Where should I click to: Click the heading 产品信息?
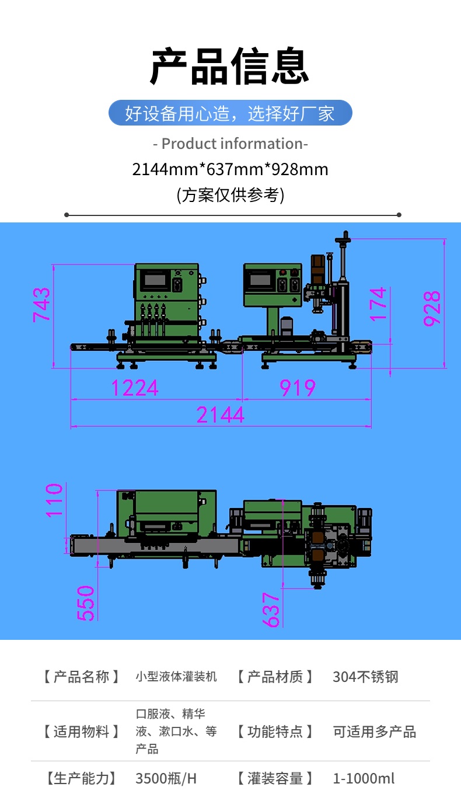coord(229,66)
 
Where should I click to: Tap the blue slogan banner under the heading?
coord(230,113)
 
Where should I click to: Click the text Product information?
coord(233,144)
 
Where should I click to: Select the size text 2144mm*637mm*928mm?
coord(230,169)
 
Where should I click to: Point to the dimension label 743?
coord(41,305)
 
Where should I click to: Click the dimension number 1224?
coord(135,388)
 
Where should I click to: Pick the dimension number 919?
coord(298,388)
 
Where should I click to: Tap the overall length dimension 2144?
coord(221,415)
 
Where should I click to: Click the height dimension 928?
coord(432,309)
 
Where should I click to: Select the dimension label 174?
coord(378,304)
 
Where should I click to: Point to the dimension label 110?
coord(54,500)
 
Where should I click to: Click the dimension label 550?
coord(86,603)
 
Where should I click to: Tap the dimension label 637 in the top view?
coord(271,610)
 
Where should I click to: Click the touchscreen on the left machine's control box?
coord(155,280)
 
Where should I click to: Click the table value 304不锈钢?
coord(365,677)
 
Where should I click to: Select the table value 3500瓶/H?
coord(166,779)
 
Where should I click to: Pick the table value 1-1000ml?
coord(364,779)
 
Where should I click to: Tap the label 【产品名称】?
coord(82,677)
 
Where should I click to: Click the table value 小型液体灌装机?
coord(176,677)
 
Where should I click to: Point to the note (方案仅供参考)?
coord(230,195)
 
